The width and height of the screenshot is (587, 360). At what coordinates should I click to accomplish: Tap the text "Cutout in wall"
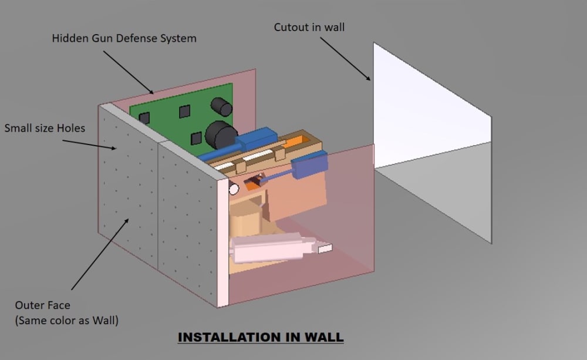tap(309, 27)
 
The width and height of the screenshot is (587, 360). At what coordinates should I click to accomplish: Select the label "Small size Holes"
tap(45, 128)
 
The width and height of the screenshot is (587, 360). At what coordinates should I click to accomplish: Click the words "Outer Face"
tap(42, 305)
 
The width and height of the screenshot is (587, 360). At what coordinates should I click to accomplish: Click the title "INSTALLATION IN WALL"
tap(260, 337)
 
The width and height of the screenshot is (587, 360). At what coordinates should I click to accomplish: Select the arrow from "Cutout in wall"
tap(346, 58)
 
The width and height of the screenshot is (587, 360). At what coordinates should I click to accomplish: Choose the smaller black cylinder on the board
tap(222, 107)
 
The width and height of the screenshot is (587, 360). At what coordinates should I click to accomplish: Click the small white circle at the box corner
tap(233, 189)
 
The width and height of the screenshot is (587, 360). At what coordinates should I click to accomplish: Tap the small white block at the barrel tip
tap(325, 249)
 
